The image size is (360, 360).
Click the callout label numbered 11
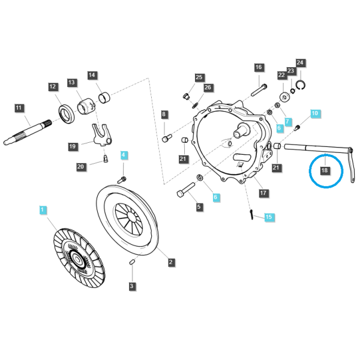(x=19, y=108)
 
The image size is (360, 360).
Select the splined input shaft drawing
(x=28, y=133)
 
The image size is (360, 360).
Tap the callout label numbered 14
(x=92, y=75)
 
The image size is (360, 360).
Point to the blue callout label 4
(x=124, y=155)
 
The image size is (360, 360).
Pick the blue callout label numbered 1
(x=42, y=210)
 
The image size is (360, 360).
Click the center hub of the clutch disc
(x=76, y=259)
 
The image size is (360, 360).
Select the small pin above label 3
(x=132, y=262)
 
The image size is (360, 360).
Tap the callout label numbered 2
(x=170, y=262)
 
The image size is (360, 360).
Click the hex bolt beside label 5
(x=186, y=190)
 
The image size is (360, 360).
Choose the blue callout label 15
(x=268, y=217)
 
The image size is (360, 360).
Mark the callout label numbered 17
(x=263, y=193)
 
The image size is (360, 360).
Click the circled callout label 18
(x=325, y=170)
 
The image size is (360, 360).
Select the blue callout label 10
(x=315, y=113)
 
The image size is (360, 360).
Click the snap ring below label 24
(x=301, y=85)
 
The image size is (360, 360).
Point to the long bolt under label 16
(x=259, y=90)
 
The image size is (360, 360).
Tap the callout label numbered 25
(x=199, y=77)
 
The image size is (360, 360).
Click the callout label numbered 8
(x=164, y=115)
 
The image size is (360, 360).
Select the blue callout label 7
(x=287, y=122)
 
